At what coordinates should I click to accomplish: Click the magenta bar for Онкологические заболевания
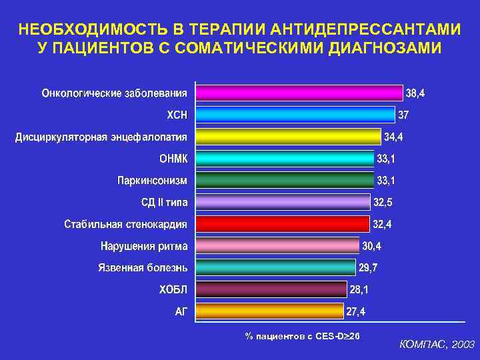299,93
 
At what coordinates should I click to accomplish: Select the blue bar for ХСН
295,115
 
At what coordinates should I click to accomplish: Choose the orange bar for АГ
269,311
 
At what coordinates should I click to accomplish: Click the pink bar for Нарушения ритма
277,245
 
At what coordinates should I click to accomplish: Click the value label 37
404,115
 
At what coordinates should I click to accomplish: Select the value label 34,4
394,137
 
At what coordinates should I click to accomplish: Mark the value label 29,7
369,268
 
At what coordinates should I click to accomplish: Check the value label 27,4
355,311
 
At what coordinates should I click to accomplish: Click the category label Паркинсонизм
153,180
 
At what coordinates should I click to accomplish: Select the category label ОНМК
173,159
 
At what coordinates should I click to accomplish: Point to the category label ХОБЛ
173,289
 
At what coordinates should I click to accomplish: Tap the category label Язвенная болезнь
143,268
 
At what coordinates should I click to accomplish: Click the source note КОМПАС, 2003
437,345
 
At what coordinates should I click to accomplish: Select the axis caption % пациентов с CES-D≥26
302,335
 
